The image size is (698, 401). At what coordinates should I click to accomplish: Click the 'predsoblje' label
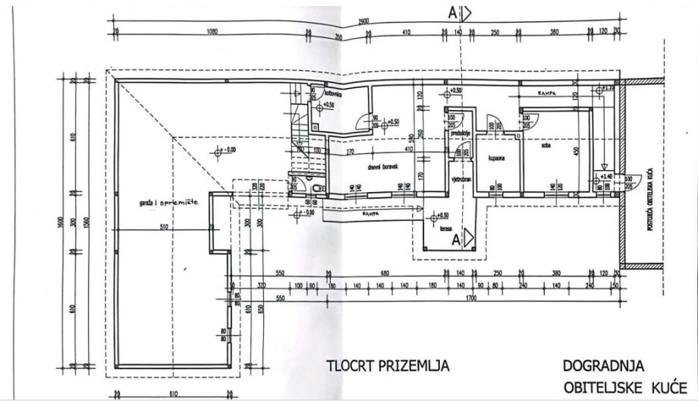[x=461, y=133]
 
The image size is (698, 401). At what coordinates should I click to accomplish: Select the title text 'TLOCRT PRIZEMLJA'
[x=388, y=366]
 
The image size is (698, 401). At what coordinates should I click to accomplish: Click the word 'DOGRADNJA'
[x=599, y=365]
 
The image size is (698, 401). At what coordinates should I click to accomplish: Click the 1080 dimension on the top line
[x=212, y=32]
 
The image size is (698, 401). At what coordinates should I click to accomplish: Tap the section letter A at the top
[x=452, y=12]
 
